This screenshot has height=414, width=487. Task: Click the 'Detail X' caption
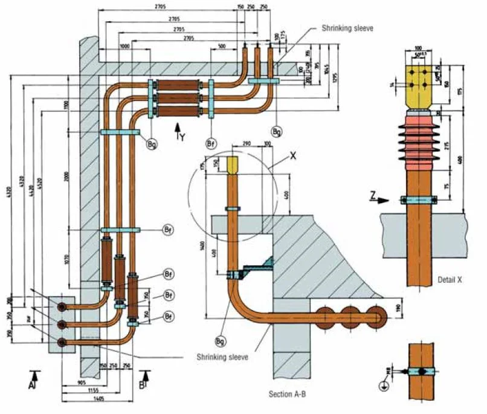[x=451, y=280]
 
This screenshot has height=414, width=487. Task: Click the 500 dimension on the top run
[x=222, y=46]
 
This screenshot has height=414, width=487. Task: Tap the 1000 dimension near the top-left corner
[x=125, y=46]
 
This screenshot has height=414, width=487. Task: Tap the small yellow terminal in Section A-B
[x=233, y=164]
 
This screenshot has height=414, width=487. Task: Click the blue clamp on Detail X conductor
[x=418, y=199]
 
